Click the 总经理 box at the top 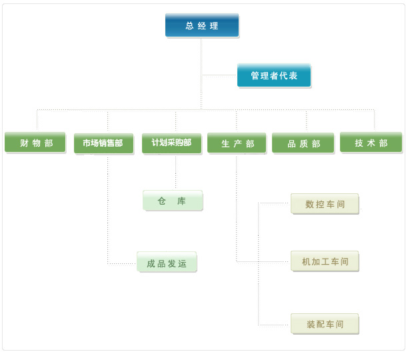point(202,25)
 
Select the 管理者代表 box point(273,75)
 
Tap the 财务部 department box point(35,143)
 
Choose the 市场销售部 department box point(103,143)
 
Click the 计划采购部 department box point(172,143)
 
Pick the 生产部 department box point(237,143)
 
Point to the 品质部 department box point(303,143)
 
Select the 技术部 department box point(371,143)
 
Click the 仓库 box point(172,201)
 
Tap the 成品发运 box point(167,263)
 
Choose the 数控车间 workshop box point(325,204)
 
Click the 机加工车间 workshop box point(325,262)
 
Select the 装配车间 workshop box point(325,324)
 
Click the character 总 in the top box point(189,26)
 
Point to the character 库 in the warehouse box point(181,201)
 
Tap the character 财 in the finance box point(24,143)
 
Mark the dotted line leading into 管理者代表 point(219,75)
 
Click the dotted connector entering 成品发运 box point(123,264)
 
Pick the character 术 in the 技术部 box point(371,143)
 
